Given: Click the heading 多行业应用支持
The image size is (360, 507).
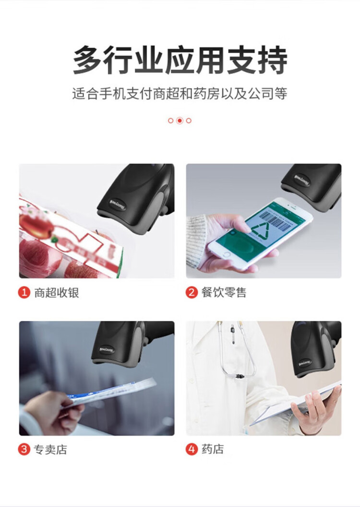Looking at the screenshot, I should [x=180, y=60].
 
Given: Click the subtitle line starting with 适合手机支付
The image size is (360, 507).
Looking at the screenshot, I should [x=180, y=94].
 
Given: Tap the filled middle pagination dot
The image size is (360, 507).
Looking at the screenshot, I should [x=180, y=120].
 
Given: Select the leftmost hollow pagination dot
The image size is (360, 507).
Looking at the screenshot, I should [x=170, y=120].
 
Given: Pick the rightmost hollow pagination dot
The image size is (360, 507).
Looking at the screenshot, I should [x=189, y=120].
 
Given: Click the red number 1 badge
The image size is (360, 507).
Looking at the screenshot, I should [x=24, y=293].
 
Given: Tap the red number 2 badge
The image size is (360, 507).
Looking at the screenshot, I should [x=192, y=293].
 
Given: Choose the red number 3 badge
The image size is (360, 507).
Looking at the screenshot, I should [x=24, y=449].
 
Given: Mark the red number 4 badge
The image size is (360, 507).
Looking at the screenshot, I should [x=192, y=449].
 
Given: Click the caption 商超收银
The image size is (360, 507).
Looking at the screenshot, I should [x=56, y=293].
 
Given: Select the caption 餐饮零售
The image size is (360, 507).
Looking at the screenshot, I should [x=223, y=293].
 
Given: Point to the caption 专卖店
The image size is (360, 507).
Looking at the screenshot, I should [x=50, y=449].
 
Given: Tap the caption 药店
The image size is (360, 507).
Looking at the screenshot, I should [x=213, y=449].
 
